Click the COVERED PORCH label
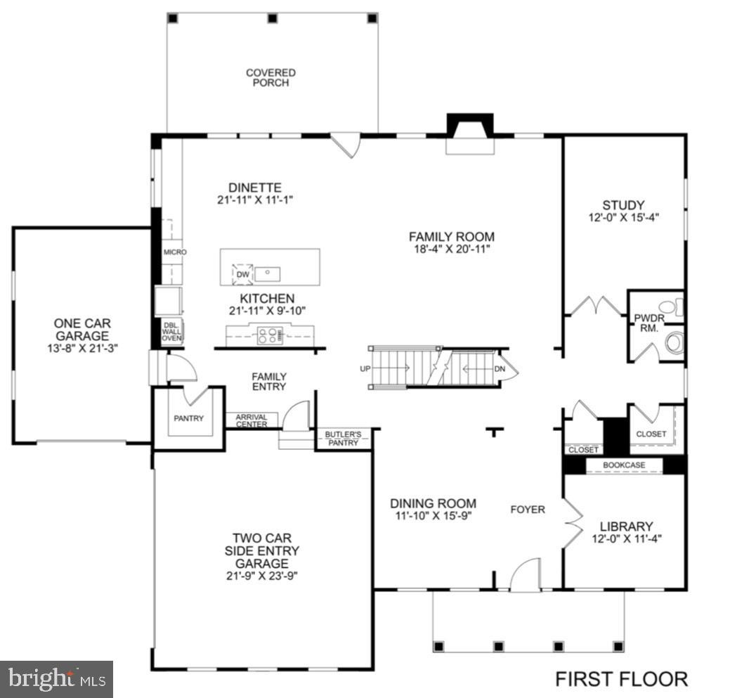(271, 77)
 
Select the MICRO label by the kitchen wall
(174, 252)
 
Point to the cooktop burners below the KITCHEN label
(269, 335)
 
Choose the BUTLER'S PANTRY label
(342, 439)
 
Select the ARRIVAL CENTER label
(252, 420)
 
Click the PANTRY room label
(188, 419)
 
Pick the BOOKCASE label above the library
(624, 465)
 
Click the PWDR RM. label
(644, 323)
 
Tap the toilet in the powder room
(673, 343)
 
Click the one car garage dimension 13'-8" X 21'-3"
(82, 347)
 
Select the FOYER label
(527, 509)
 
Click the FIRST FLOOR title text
(621, 679)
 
